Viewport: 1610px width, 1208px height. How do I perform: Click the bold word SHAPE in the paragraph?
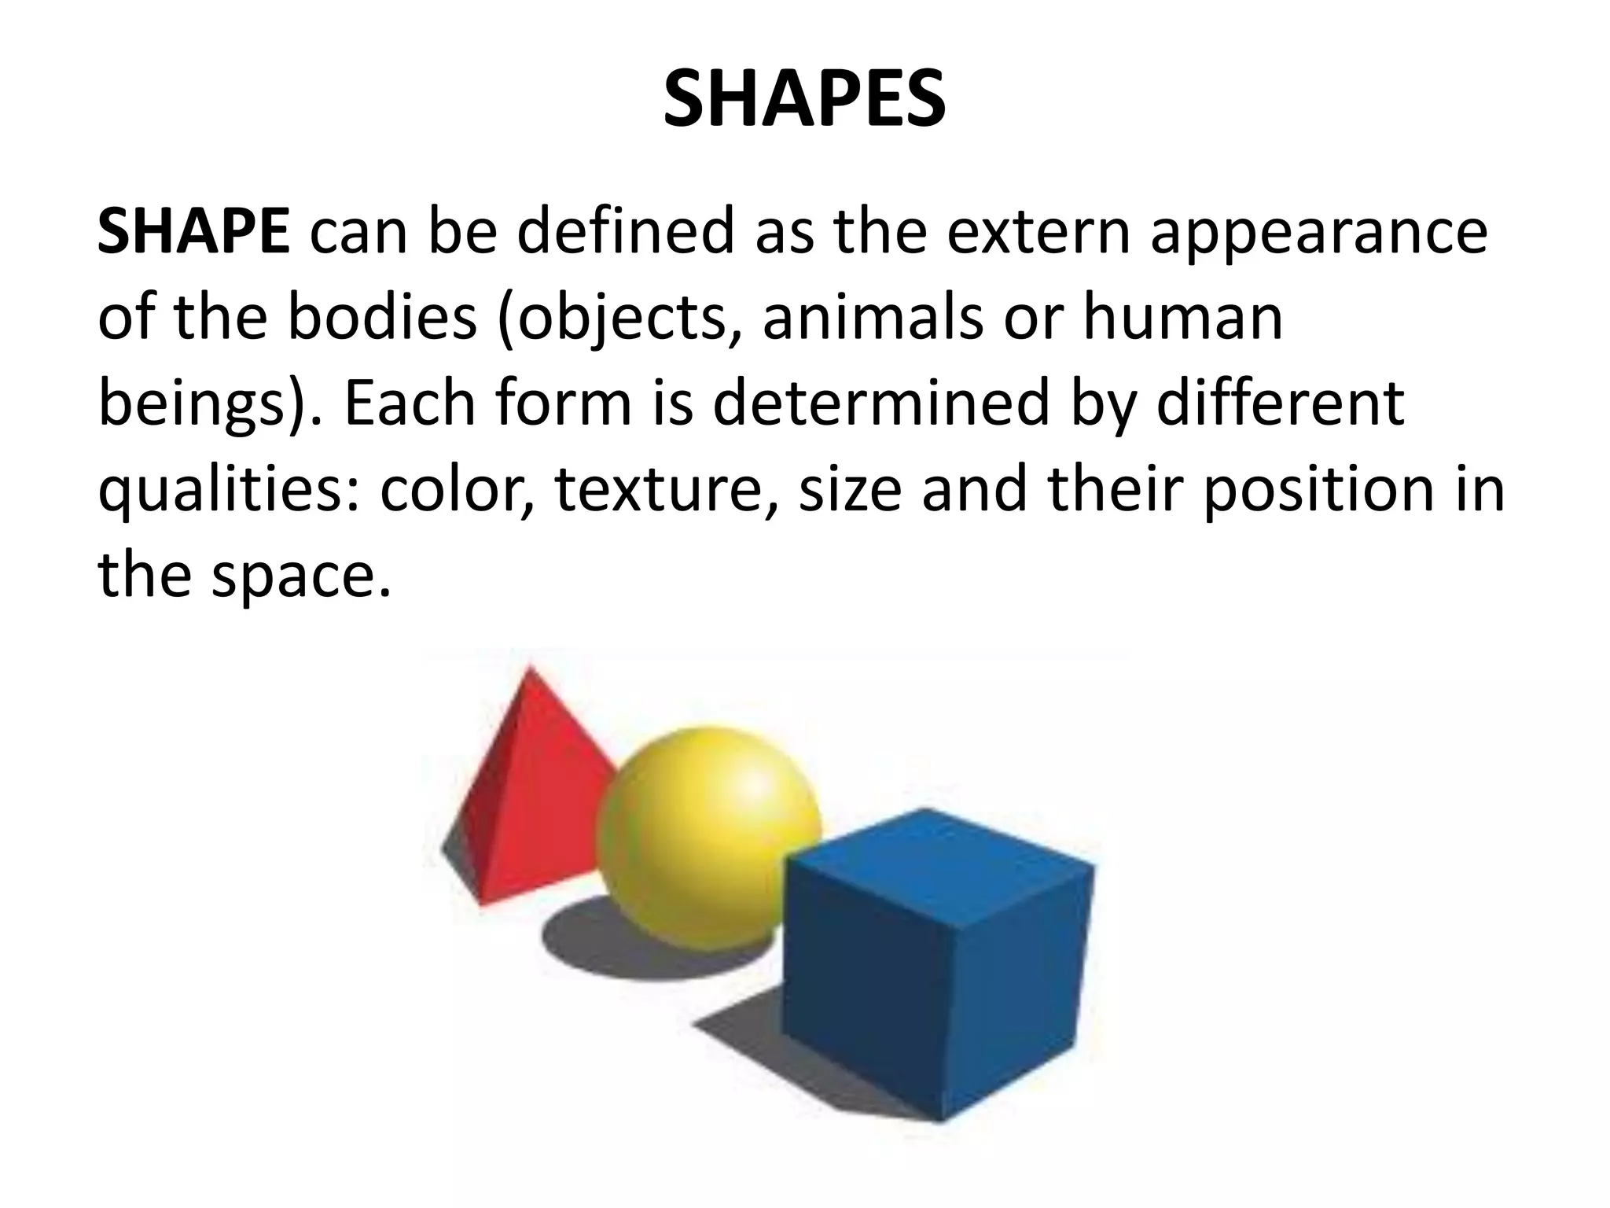click(x=193, y=233)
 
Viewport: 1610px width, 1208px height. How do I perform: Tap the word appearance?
click(x=1318, y=234)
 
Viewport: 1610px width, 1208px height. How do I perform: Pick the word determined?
click(x=880, y=403)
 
